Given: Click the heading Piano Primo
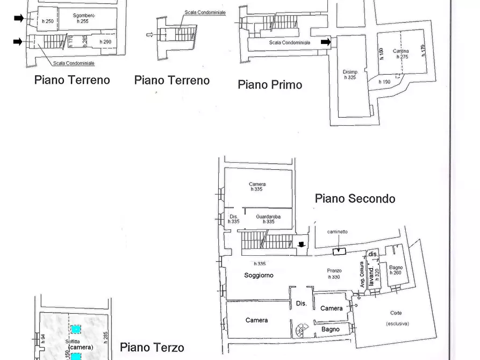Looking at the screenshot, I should (270, 84).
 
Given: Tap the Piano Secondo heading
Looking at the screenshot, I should (355, 199).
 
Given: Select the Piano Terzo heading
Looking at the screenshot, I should (152, 348).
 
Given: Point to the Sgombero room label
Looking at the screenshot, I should (84, 16).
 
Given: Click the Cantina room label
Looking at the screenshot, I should (400, 52).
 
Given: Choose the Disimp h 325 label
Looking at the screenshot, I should (350, 75).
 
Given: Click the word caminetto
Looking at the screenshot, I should (338, 232).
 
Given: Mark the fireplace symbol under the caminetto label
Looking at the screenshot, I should (339, 251).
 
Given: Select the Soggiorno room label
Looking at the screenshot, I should (259, 275).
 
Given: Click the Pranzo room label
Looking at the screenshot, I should (334, 271).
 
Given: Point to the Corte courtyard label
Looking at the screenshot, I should (397, 313).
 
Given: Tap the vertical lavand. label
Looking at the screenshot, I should (371, 275).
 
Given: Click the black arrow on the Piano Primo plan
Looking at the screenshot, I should (325, 42).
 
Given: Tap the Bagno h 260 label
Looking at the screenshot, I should (396, 270).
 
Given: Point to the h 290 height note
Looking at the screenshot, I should (105, 42).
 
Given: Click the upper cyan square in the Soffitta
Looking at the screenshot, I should (76, 329).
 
